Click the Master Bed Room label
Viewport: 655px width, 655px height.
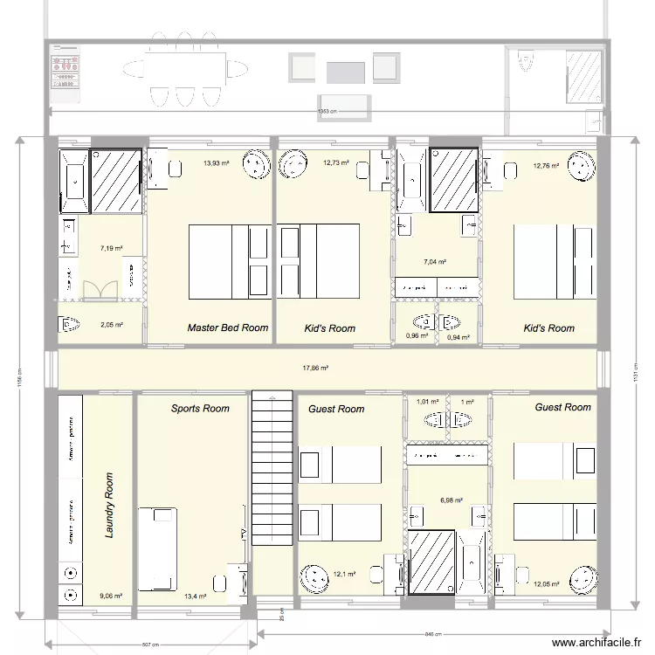[228, 328]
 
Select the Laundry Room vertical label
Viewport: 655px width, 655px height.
[109, 506]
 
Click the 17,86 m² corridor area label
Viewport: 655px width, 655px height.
[314, 369]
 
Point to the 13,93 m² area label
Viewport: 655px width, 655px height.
[216, 163]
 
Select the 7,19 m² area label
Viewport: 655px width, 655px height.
[111, 249]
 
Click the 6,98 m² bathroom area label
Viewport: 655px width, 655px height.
[451, 500]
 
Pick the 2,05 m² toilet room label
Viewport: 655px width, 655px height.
[111, 325]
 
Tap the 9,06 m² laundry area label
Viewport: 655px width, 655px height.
[111, 596]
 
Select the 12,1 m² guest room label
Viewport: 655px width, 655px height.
[343, 574]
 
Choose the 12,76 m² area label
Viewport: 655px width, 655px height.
[547, 164]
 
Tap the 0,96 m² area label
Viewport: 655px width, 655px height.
[417, 335]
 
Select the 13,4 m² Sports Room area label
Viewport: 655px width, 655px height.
[195, 596]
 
